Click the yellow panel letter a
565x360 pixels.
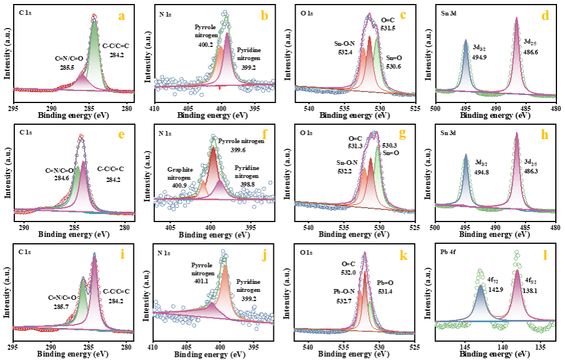(121, 16)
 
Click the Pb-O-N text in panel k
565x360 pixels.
(345, 292)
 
